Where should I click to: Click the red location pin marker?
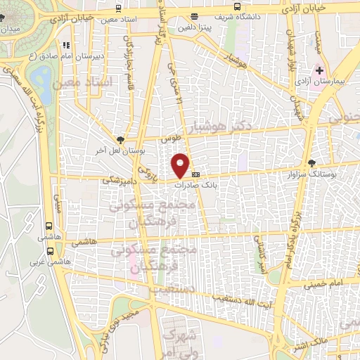(181, 165)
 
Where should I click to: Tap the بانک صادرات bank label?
(218, 181)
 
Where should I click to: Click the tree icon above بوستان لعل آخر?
(120, 140)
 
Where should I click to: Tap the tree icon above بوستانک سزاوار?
(311, 162)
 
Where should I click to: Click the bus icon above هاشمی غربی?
(49, 226)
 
